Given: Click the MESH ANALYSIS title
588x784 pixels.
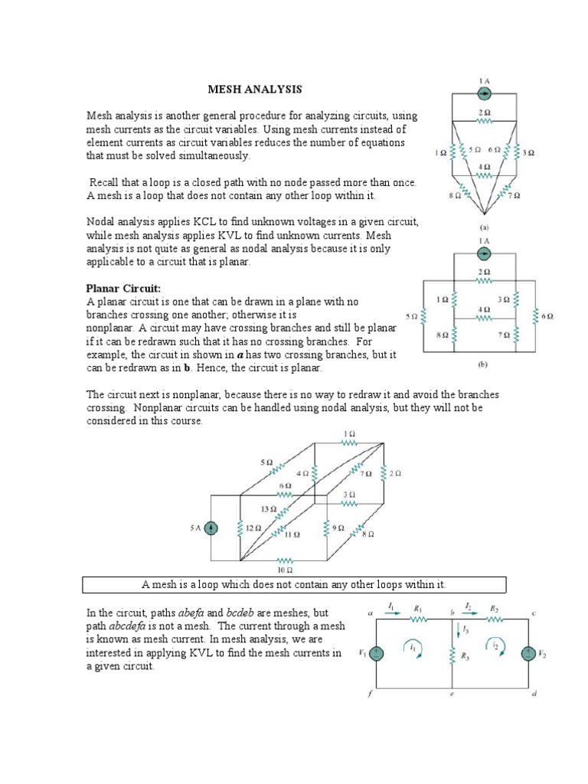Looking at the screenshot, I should click(255, 90).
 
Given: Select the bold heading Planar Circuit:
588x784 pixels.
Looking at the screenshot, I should click(122, 288).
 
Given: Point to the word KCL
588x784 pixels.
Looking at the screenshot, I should click(194, 221).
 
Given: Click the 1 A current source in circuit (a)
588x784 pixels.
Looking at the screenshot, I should click(484, 93).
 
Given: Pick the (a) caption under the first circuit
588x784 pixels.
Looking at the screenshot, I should click(484, 227).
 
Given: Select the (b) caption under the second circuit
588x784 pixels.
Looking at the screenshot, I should click(484, 365).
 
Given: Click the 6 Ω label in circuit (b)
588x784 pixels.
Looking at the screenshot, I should click(547, 315).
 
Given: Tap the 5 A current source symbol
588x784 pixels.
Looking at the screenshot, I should click(212, 528).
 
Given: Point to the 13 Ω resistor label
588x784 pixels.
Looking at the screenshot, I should click(267, 508).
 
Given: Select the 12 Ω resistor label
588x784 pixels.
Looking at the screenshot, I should click(253, 528).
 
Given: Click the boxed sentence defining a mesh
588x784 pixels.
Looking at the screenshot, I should click(294, 585).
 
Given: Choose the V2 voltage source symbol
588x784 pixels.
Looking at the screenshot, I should click(528, 653).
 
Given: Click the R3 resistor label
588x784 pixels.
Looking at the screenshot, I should click(464, 656).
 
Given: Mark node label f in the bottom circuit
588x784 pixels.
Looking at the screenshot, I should click(371, 695).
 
